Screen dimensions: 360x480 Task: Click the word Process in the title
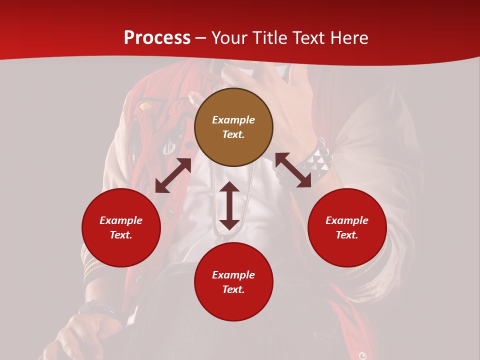[x=157, y=38]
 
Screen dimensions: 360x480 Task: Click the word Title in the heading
[x=268, y=38]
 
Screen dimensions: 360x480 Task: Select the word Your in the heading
[x=229, y=38]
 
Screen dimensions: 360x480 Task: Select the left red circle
[x=121, y=227]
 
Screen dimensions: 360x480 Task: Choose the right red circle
[x=347, y=227]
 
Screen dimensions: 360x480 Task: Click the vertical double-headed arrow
[x=229, y=205]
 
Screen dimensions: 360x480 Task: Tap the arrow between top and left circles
[x=173, y=175]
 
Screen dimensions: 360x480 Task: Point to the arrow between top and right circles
[x=293, y=170]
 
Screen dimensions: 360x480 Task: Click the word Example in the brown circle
[x=233, y=120]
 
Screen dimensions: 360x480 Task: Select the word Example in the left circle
[x=121, y=220]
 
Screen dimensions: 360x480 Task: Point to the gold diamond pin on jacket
[x=145, y=106]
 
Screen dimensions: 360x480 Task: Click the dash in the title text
[x=201, y=38]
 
